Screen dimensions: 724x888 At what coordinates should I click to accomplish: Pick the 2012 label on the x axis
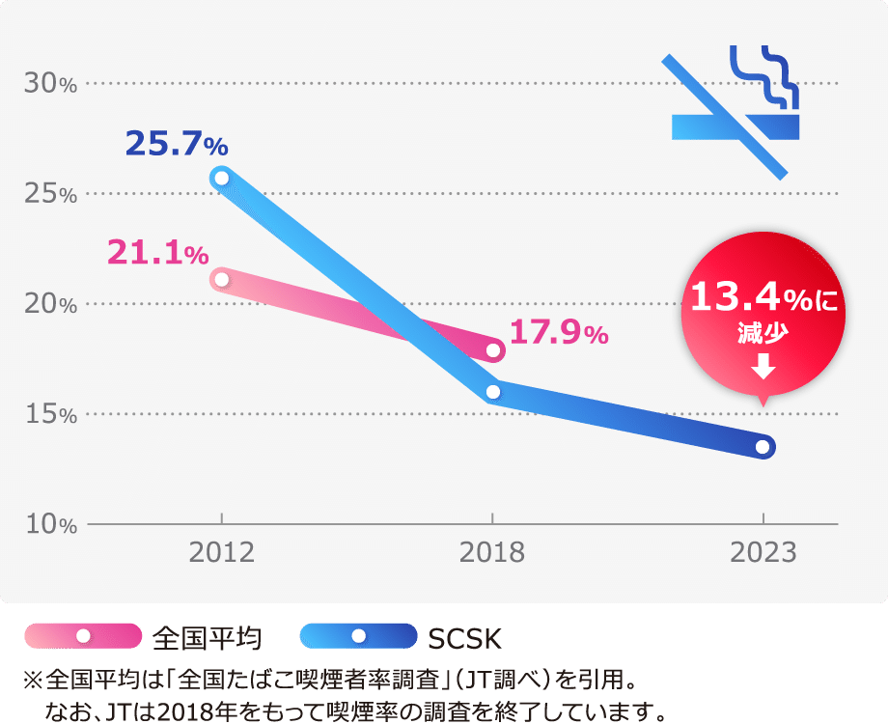222,553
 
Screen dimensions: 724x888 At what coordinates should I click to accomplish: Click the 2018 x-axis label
492,553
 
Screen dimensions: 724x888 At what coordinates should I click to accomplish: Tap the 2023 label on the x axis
763,553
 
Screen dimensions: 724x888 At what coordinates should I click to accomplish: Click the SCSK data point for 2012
222,178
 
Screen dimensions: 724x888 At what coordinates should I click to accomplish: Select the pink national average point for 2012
222,280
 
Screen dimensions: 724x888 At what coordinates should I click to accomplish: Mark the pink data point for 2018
493,350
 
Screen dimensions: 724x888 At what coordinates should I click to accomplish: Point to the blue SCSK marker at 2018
493,392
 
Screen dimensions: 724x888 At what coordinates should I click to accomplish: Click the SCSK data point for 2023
763,447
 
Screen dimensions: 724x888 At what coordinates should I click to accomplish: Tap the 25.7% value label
177,145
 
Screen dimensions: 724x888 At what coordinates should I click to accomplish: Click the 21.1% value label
157,253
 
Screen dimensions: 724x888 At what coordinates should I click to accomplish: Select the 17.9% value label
558,334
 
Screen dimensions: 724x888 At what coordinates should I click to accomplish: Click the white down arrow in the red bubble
763,366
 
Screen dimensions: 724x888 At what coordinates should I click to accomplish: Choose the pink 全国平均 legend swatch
83,635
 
